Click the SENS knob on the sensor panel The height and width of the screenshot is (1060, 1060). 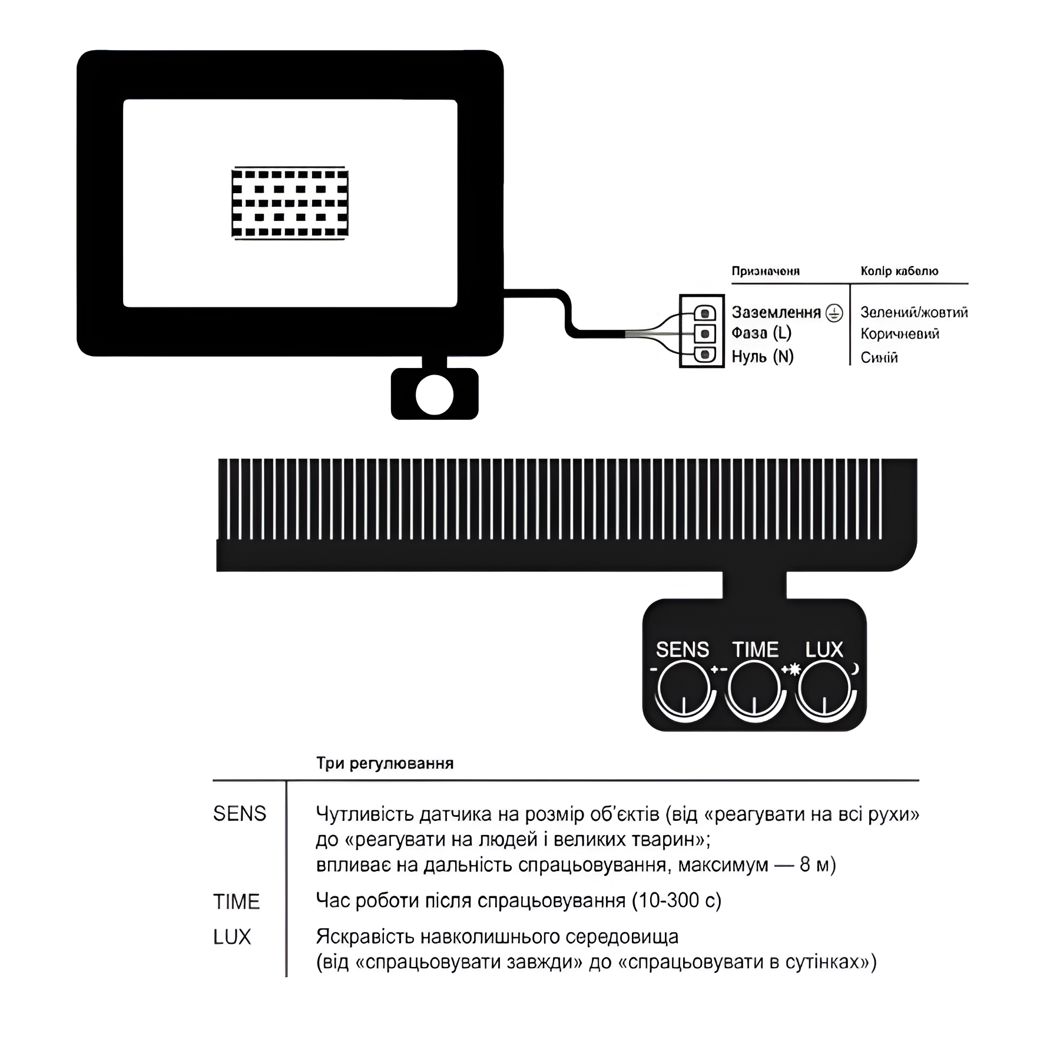[x=683, y=688]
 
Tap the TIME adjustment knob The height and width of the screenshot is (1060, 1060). [x=754, y=688]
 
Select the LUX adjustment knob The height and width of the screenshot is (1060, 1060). [x=824, y=688]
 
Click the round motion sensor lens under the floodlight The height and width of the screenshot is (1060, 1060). [x=435, y=395]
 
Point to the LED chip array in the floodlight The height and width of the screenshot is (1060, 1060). [x=290, y=203]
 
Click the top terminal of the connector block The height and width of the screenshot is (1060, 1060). [x=705, y=312]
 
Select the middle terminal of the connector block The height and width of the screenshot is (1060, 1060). [x=705, y=334]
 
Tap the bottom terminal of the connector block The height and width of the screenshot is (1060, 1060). [x=705, y=355]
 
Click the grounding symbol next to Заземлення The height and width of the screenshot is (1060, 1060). [x=834, y=313]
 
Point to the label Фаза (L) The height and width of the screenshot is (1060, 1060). [x=761, y=334]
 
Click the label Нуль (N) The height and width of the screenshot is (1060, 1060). [x=763, y=357]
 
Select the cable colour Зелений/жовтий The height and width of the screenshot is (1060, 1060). [x=914, y=313]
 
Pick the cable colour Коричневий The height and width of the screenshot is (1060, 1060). [x=900, y=334]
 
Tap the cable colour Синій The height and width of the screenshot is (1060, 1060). [x=879, y=357]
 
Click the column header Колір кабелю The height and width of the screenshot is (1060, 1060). [x=899, y=271]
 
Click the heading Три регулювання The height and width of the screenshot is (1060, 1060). [x=385, y=764]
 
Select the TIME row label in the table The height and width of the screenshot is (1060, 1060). [x=236, y=902]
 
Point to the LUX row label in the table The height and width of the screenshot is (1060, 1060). [x=232, y=937]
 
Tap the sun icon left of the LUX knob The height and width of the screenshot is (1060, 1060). [x=794, y=669]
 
